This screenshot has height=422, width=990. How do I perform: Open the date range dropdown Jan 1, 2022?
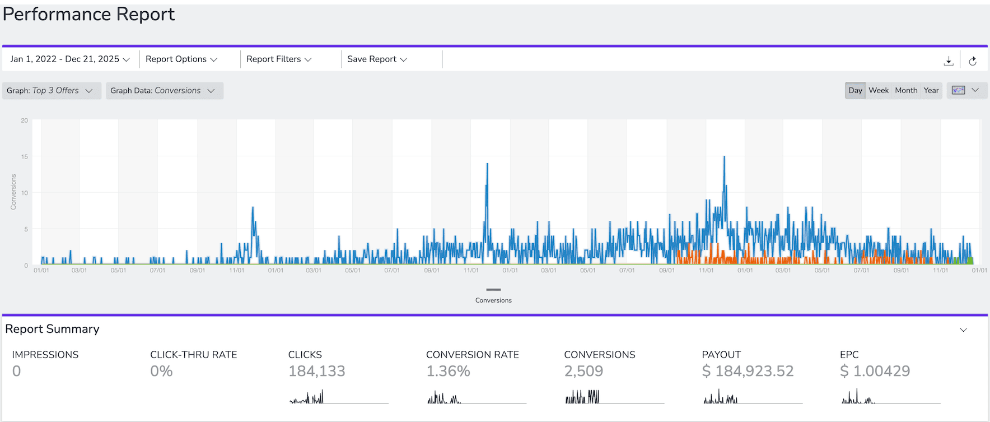[70, 59]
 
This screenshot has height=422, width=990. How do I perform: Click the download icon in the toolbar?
[949, 61]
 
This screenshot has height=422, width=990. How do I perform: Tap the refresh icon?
[973, 61]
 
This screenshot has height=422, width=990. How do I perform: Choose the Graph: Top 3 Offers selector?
[50, 91]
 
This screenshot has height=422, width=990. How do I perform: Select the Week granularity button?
[879, 91]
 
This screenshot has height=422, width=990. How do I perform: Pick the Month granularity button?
[906, 91]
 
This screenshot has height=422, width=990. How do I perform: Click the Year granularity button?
[931, 91]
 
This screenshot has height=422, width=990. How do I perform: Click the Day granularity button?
[855, 91]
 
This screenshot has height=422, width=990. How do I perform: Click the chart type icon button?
[959, 91]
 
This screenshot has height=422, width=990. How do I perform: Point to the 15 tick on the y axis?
[24, 157]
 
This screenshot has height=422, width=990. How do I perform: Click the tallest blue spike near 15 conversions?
[724, 158]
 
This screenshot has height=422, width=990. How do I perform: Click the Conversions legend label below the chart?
[493, 300]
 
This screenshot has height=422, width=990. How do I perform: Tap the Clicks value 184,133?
[317, 371]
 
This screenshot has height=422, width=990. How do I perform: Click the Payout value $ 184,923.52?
[748, 371]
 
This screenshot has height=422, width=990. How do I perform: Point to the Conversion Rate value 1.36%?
[448, 371]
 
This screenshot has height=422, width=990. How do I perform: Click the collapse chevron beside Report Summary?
[963, 330]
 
